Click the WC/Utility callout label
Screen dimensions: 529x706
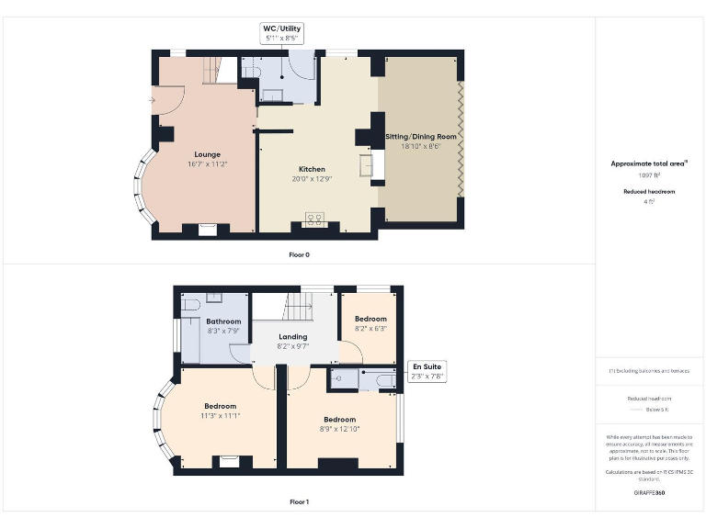coord(283,34)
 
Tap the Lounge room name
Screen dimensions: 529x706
coord(207,154)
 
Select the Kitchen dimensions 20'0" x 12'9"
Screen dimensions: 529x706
coord(312,179)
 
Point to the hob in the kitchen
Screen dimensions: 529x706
coord(314,219)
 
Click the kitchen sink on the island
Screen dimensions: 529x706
coord(367,166)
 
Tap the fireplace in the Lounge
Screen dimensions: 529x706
coord(207,230)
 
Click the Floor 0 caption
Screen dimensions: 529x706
coord(299,253)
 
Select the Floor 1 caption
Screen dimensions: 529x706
coord(299,501)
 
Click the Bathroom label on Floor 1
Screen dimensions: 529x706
coord(223,321)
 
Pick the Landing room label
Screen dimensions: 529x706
coord(292,337)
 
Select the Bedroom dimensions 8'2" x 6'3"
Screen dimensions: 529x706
coord(370,328)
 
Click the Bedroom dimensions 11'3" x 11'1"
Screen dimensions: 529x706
coord(220,415)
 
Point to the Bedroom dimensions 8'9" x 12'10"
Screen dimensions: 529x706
coord(339,429)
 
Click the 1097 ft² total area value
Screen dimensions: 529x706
coord(650,174)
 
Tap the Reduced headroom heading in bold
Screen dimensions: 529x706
coord(650,192)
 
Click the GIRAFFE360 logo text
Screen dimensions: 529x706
coord(650,493)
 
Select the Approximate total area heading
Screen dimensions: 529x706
coord(649,163)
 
